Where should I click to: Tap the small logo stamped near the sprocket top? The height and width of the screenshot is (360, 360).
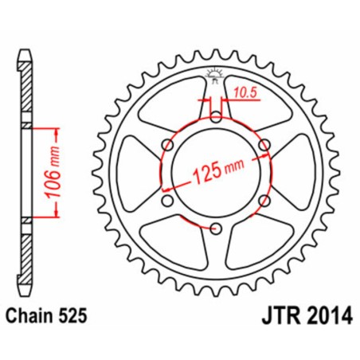point(213,77)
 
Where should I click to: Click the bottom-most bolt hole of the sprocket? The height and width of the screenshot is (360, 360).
point(215,229)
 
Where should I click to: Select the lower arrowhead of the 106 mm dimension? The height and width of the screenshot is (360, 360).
point(53,215)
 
